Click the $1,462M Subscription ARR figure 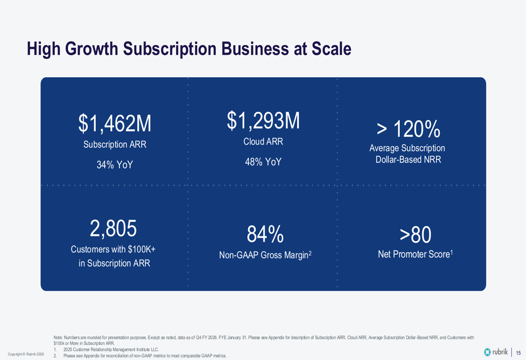tap(115, 124)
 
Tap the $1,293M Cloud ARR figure tap(263, 121)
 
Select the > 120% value tap(408, 129)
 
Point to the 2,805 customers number tap(114, 229)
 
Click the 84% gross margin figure tap(265, 234)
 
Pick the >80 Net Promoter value tap(415, 235)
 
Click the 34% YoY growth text tap(115, 165)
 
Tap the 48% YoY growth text tap(263, 162)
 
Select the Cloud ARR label tap(263, 142)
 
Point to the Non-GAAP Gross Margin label tap(263, 256)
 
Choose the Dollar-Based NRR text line tap(408, 160)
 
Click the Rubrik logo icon tap(488, 352)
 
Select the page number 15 tap(518, 353)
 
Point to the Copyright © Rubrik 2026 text tap(26, 354)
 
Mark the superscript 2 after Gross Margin tap(310, 253)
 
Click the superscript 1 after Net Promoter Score tap(451, 253)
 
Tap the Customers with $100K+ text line tap(114, 250)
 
